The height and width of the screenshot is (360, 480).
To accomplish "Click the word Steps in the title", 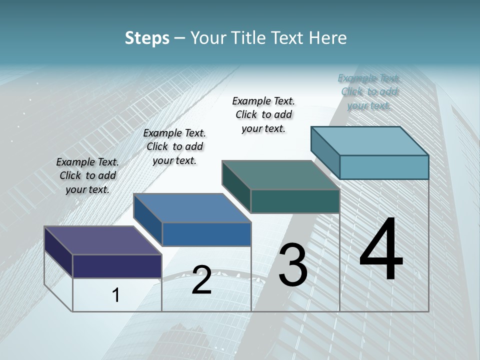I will pyautogui.click(x=147, y=38).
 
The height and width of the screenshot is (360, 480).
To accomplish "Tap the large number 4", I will pyautogui.click(x=381, y=250).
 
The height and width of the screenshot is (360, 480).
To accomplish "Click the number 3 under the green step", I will pyautogui.click(x=293, y=265).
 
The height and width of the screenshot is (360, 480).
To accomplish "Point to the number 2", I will pyautogui.click(x=201, y=280).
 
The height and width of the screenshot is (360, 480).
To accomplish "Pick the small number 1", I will pyautogui.click(x=115, y=295).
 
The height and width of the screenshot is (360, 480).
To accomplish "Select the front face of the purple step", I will pyautogui.click(x=117, y=266).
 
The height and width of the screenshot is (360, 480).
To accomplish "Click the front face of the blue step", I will pyautogui.click(x=206, y=234).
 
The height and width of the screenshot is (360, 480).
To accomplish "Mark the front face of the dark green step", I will pyautogui.click(x=295, y=201).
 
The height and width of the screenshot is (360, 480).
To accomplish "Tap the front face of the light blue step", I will pyautogui.click(x=384, y=167).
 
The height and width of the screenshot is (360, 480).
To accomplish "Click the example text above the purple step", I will pyautogui.click(x=87, y=176).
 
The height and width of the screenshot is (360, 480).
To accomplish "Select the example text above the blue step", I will pyautogui.click(x=174, y=147).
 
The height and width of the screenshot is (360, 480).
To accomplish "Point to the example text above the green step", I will pyautogui.click(x=263, y=115).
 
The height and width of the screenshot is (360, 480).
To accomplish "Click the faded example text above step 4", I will pyautogui.click(x=369, y=92).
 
